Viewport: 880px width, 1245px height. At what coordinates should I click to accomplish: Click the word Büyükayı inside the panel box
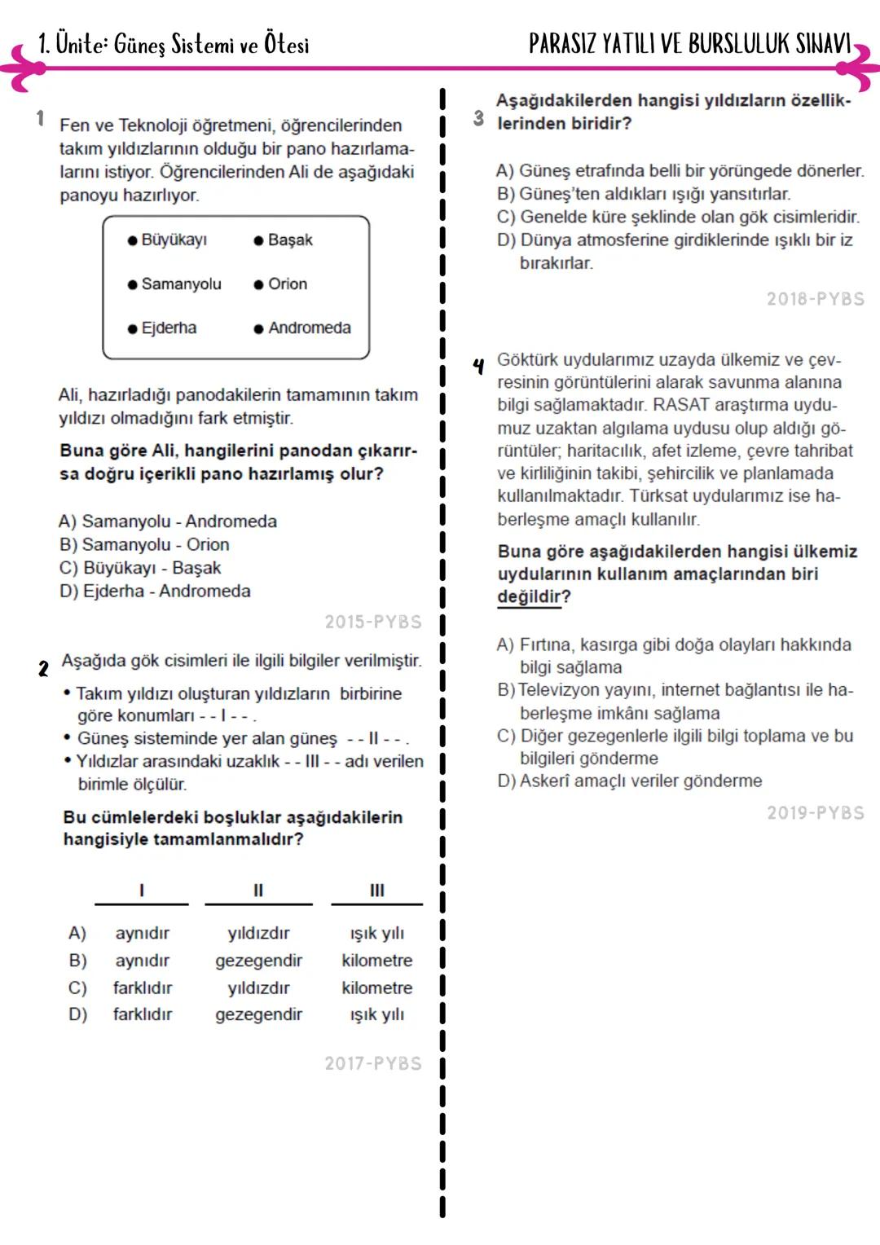pyautogui.click(x=174, y=240)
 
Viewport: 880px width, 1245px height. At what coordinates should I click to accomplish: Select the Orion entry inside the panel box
pyautogui.click(x=287, y=284)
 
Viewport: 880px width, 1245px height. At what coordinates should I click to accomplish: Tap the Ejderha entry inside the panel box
pyautogui.click(x=169, y=328)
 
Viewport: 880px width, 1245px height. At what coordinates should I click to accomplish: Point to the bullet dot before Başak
pyautogui.click(x=258, y=240)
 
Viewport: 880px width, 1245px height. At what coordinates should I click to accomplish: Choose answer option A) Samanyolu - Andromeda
pyautogui.click(x=168, y=521)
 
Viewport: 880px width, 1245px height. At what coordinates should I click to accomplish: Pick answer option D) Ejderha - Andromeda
pyautogui.click(x=155, y=591)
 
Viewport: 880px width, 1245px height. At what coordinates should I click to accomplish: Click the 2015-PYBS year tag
pyautogui.click(x=373, y=622)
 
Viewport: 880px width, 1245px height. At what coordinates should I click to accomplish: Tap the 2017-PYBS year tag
pyautogui.click(x=373, y=1063)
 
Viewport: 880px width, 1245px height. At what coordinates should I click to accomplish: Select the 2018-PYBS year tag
pyautogui.click(x=816, y=299)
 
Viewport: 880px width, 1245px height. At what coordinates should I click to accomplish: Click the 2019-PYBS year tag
pyautogui.click(x=816, y=812)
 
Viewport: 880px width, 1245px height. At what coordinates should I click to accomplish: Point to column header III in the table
pyautogui.click(x=376, y=890)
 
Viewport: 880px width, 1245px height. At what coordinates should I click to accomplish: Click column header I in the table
pyautogui.click(x=142, y=890)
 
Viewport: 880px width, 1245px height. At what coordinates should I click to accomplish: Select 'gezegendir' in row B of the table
pyautogui.click(x=258, y=961)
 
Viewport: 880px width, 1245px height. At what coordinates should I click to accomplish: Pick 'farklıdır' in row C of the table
pyautogui.click(x=143, y=988)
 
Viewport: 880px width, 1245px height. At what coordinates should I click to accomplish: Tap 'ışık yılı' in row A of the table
pyautogui.click(x=376, y=933)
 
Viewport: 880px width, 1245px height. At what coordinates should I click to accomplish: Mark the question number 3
pyautogui.click(x=478, y=119)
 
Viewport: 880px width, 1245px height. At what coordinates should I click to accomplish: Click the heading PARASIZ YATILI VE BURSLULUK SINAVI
pyautogui.click(x=689, y=43)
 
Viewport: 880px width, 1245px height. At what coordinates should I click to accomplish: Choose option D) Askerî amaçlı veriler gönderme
pyautogui.click(x=629, y=781)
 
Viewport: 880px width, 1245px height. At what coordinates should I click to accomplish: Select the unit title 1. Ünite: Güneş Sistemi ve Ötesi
pyautogui.click(x=174, y=44)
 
